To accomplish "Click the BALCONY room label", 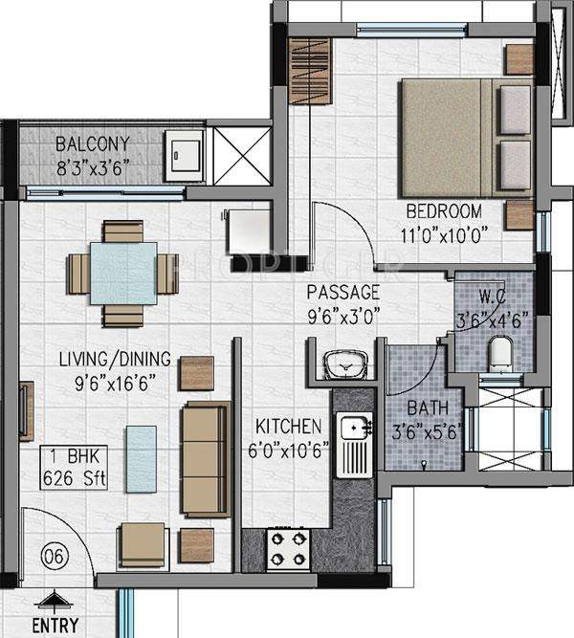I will [x=92, y=145].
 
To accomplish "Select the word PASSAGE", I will [x=343, y=292].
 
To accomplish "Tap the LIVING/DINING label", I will [x=114, y=360].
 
